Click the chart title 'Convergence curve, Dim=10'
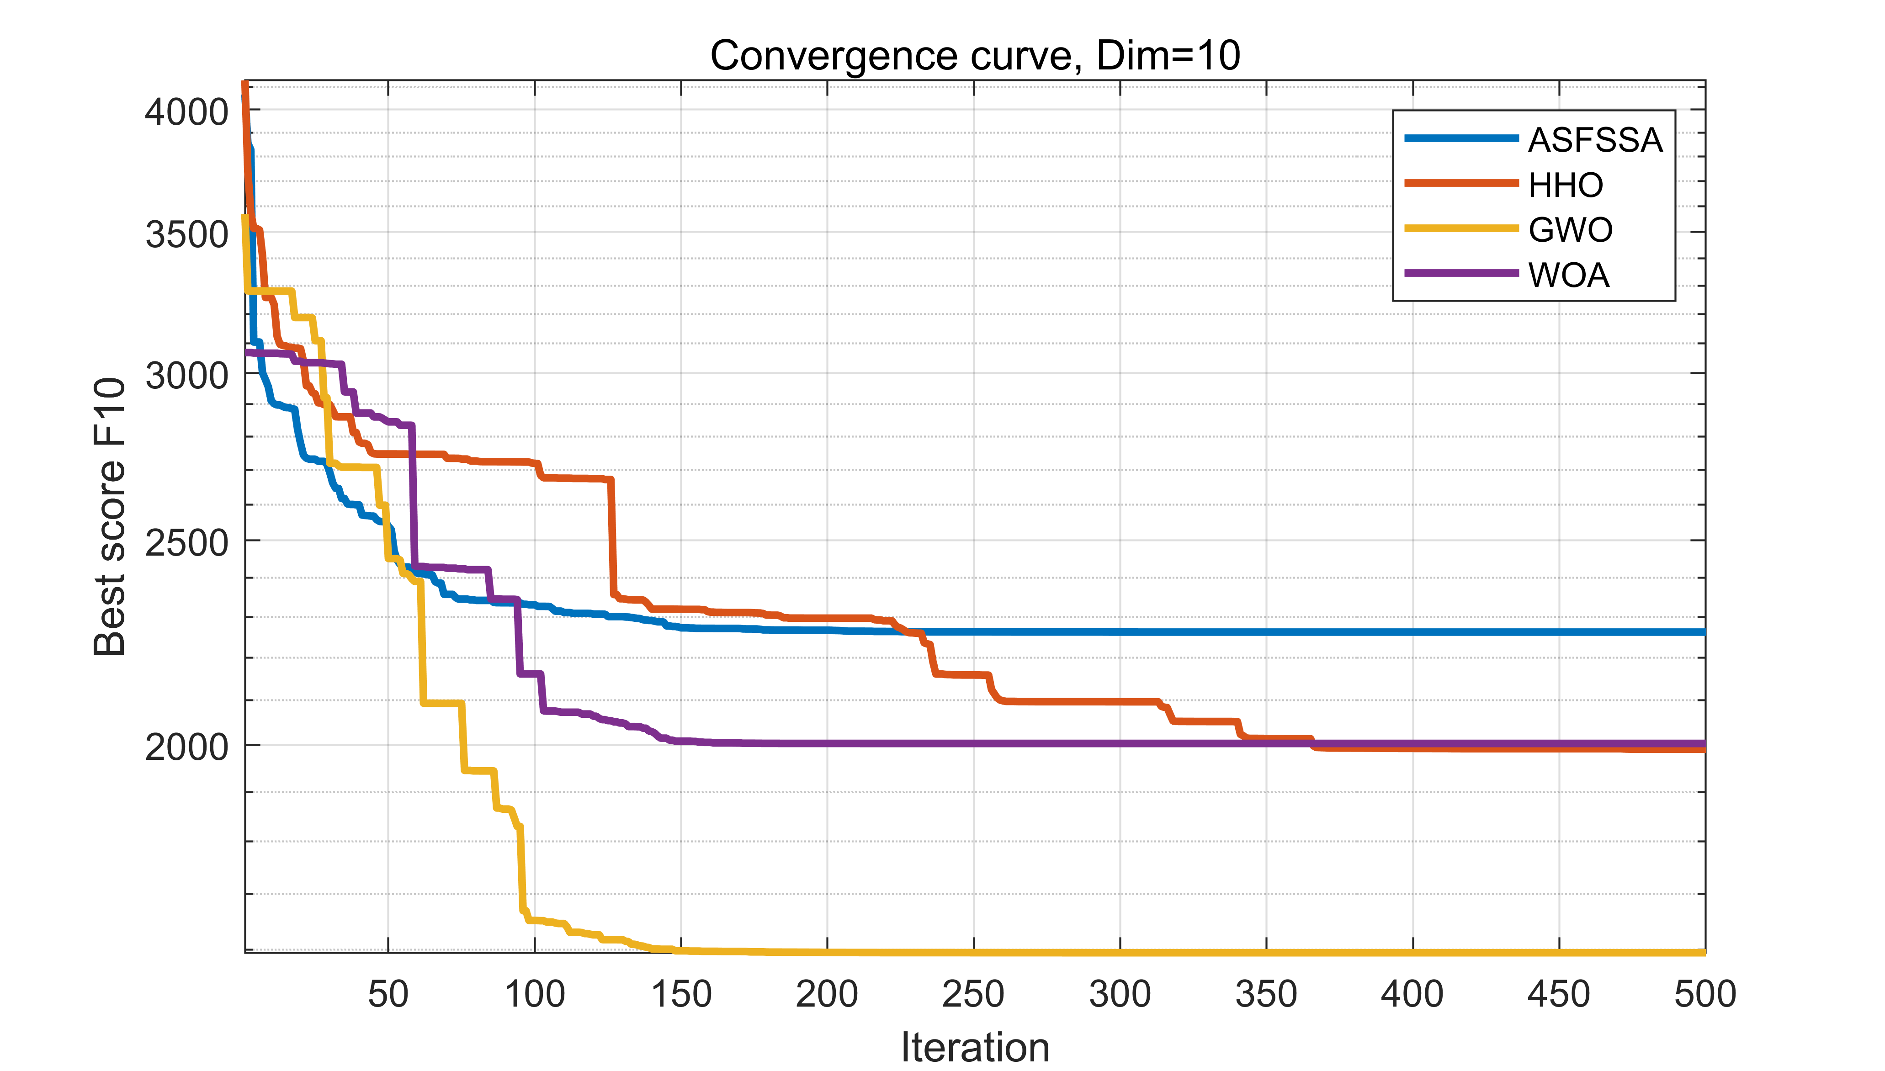click(x=975, y=56)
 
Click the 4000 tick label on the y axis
click(x=187, y=112)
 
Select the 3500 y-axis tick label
click(x=187, y=235)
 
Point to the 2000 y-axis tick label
click(x=187, y=748)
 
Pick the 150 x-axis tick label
click(x=681, y=995)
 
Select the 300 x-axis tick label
click(x=1120, y=995)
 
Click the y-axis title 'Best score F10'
click(x=110, y=516)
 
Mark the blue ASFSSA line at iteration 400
click(x=1412, y=632)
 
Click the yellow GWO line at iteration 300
click(x=1120, y=953)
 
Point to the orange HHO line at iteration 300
click(x=1120, y=702)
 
